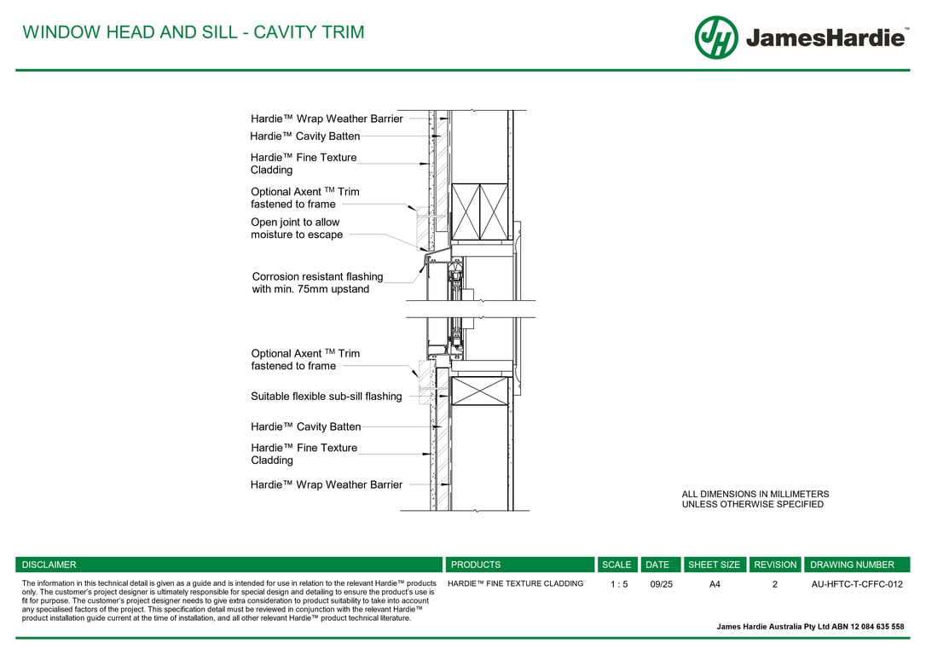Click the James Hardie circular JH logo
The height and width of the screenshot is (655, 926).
[x=715, y=38]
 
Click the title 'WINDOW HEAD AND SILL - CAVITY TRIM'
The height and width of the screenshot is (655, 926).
[x=194, y=32]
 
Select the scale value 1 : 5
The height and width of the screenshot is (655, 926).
[x=619, y=584]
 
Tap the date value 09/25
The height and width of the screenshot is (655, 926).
[x=661, y=584]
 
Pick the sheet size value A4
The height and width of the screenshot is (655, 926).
[x=715, y=584]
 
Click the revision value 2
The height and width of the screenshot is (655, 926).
[x=775, y=584]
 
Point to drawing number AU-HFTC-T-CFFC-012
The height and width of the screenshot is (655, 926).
[x=856, y=584]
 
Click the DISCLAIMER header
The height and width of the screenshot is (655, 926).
[x=49, y=565]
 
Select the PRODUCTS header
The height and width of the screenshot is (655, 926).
[x=476, y=565]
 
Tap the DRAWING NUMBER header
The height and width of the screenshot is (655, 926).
[x=852, y=565]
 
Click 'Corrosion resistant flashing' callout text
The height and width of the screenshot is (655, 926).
[x=317, y=276]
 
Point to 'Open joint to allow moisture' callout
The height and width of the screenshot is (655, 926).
[x=296, y=229]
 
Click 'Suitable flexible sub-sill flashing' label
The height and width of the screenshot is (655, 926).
[x=326, y=397]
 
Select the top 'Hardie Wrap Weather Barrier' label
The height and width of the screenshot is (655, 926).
[x=326, y=119]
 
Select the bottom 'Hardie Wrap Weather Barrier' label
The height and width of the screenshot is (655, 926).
[x=326, y=484]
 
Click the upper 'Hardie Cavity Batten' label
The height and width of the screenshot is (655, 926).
[x=304, y=136]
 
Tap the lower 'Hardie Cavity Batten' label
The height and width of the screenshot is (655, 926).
[x=305, y=426]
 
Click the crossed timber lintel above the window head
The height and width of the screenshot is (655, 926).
[x=479, y=212]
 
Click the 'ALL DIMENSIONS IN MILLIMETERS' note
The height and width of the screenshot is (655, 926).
[x=755, y=494]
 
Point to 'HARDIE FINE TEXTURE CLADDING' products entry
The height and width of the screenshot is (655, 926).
[x=515, y=584]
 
